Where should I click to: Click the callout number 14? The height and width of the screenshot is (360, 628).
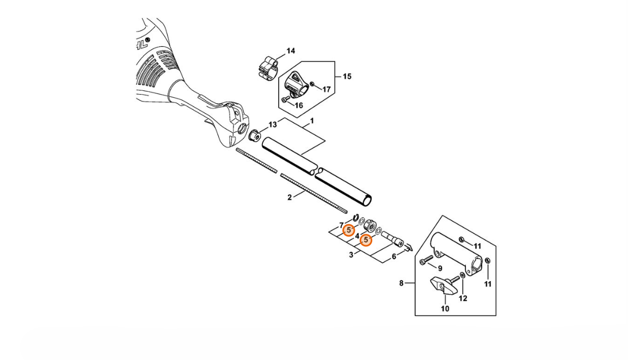291,51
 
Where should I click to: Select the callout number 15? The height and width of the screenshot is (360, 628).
347,76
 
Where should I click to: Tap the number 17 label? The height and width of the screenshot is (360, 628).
327,89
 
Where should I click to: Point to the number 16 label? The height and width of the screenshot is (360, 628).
299,105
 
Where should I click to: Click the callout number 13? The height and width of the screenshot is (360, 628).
272,125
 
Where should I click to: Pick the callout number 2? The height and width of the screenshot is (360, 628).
290,197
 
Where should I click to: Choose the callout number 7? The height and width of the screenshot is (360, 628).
341,225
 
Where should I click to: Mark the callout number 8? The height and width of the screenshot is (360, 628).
401,283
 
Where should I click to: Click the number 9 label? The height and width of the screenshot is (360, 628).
440,268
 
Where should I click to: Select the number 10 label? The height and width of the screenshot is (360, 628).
445,309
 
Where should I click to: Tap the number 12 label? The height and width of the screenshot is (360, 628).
463,299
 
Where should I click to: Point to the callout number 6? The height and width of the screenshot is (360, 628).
394,256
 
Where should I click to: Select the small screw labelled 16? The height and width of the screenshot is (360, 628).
285,100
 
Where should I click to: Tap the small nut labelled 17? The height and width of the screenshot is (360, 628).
313,84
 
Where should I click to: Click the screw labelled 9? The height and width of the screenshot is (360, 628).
427,259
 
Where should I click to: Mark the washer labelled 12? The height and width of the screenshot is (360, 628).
462,275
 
